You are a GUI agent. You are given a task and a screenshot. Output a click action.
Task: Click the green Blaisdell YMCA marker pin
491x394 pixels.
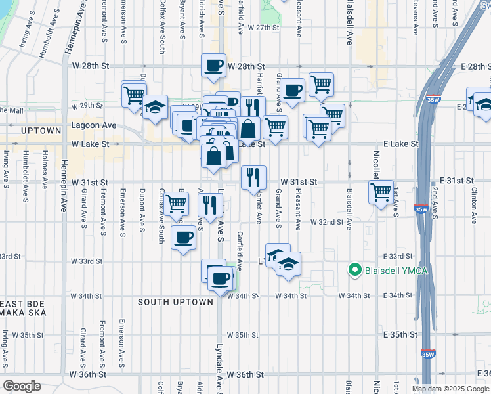coord(355,269)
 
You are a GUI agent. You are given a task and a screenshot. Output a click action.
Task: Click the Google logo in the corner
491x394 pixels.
coord(22,386)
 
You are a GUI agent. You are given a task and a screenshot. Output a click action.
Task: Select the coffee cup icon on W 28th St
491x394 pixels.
coord(214,66)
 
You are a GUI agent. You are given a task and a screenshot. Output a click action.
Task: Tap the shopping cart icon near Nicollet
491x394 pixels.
coord(381,192)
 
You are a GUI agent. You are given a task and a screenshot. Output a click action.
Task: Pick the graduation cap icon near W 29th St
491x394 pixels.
coord(155,107)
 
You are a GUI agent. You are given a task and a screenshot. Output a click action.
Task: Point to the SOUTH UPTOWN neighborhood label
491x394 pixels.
coord(175,302)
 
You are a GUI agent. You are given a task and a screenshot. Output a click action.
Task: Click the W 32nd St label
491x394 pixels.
coord(327,222)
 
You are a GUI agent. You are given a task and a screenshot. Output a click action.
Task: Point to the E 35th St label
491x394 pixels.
coord(400,334)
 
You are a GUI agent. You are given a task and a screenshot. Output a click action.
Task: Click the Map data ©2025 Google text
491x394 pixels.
coord(450,389)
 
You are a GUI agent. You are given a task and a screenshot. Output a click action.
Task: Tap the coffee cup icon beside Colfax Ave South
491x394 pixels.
coord(184,237)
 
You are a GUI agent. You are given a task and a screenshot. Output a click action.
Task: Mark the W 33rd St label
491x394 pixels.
coord(85,261)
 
